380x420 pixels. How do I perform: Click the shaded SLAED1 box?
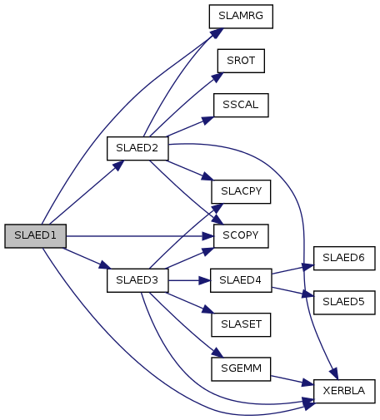(x=36, y=236)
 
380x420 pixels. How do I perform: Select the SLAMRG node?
(x=241, y=17)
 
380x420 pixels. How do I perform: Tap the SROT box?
(x=241, y=61)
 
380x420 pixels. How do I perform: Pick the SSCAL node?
(x=241, y=105)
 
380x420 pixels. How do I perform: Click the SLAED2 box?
(x=137, y=148)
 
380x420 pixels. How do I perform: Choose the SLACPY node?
(x=241, y=191)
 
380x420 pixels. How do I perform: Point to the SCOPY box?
(x=241, y=236)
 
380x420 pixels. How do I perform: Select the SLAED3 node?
(x=137, y=280)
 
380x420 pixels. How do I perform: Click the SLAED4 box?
(x=241, y=280)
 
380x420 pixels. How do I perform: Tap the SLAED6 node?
(x=344, y=258)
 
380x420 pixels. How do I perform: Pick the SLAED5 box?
(x=344, y=303)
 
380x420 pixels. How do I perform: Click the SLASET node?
(x=241, y=324)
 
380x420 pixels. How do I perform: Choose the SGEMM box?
(x=241, y=369)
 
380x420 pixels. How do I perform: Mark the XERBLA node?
(x=344, y=391)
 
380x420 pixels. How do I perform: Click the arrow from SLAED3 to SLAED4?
(x=189, y=280)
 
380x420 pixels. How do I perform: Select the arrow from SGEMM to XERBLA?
(x=292, y=380)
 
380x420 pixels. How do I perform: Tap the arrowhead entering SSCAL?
(x=207, y=120)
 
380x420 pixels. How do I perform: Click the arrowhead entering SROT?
(x=217, y=77)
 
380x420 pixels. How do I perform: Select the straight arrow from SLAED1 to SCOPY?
(x=140, y=236)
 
